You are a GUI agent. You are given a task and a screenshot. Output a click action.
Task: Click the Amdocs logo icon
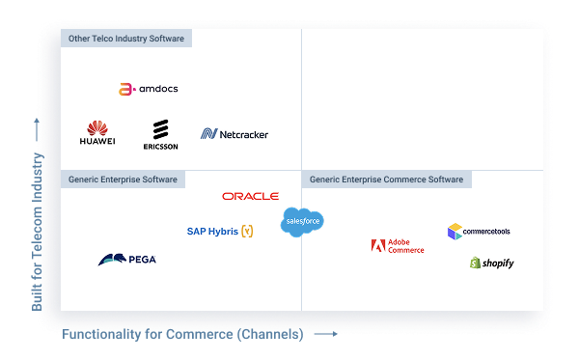click(125, 89)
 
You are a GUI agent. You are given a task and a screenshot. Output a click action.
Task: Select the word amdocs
click(157, 89)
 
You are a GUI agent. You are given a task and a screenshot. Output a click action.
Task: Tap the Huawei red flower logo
click(96, 128)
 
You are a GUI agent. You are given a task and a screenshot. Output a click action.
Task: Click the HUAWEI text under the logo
click(97, 142)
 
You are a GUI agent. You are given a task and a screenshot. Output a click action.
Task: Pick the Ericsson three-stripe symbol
click(160, 129)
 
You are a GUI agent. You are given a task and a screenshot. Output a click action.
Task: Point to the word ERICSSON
click(160, 147)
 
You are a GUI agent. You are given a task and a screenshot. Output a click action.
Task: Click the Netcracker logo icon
click(208, 134)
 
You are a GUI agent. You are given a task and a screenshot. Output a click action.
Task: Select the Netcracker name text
click(244, 134)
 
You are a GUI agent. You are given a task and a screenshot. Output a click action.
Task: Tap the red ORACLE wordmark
click(250, 196)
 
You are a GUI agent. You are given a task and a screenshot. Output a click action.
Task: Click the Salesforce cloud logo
click(302, 221)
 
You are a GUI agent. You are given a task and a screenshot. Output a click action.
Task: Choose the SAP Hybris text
click(212, 232)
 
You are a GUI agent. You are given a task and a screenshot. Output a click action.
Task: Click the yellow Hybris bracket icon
click(248, 232)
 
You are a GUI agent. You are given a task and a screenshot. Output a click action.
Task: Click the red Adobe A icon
click(377, 245)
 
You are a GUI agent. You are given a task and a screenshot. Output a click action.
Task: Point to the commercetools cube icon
click(454, 231)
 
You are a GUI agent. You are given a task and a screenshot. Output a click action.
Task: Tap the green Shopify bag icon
click(475, 263)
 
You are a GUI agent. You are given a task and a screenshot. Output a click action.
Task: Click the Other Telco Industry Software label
click(126, 39)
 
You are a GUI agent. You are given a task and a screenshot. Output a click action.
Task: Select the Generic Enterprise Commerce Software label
click(386, 180)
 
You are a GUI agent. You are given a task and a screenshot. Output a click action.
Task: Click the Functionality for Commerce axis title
click(182, 335)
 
